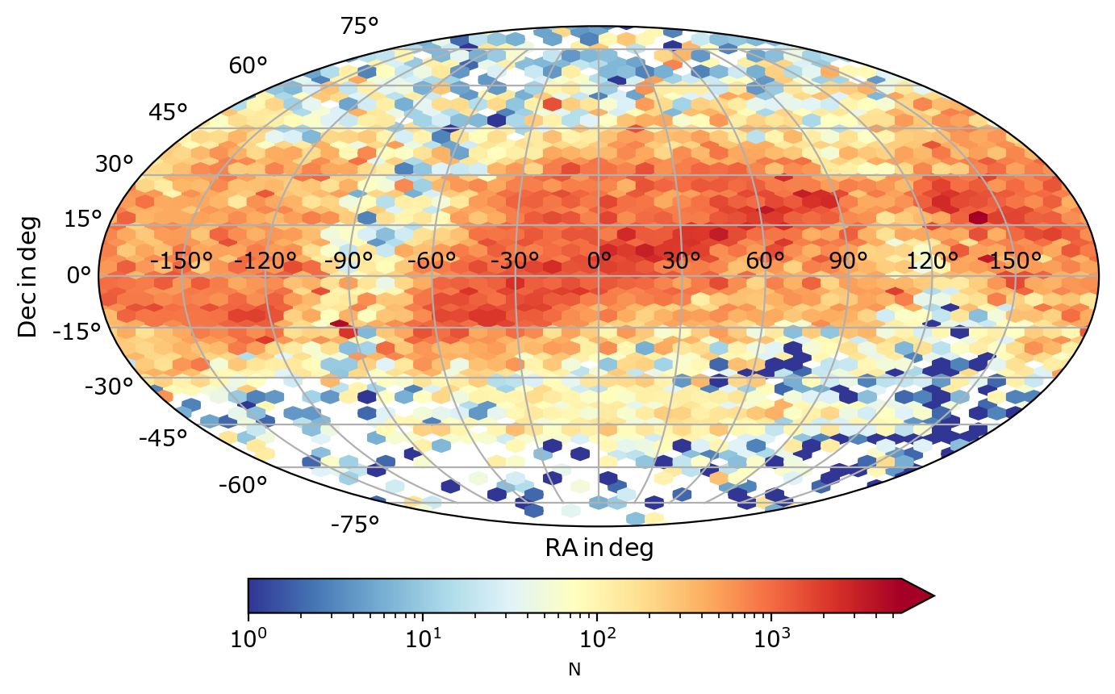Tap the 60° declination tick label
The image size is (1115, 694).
click(x=248, y=65)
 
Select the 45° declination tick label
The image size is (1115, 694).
click(x=168, y=112)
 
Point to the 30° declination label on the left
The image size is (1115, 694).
click(x=113, y=164)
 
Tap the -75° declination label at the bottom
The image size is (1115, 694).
click(x=354, y=525)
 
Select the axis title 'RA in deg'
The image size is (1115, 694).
click(x=599, y=549)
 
